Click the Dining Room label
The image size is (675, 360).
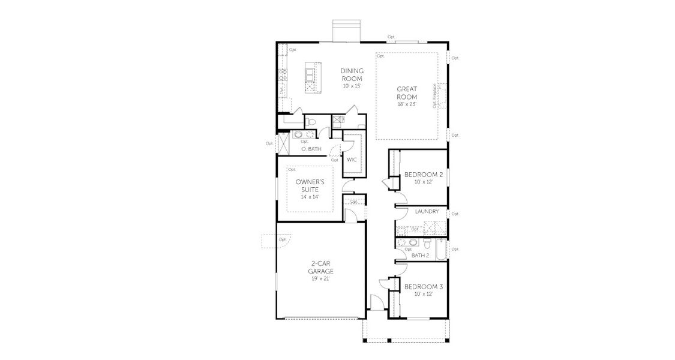pos(352,74)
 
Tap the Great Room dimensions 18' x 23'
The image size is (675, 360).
pos(406,104)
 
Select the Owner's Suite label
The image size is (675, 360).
pos(310,185)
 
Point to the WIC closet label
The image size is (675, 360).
pos(352,160)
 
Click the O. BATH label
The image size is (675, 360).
pos(311,148)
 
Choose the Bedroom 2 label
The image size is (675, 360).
pos(423,175)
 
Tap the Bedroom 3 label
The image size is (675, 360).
pos(423,287)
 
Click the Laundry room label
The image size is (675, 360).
pos(427,212)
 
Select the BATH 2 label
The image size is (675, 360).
pos(420,255)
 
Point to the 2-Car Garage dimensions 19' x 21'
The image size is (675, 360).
pos(322,278)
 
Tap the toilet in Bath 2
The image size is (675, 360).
pos(427,244)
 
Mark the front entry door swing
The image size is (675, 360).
pos(375,302)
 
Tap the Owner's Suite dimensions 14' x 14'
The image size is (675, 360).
pos(310,197)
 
